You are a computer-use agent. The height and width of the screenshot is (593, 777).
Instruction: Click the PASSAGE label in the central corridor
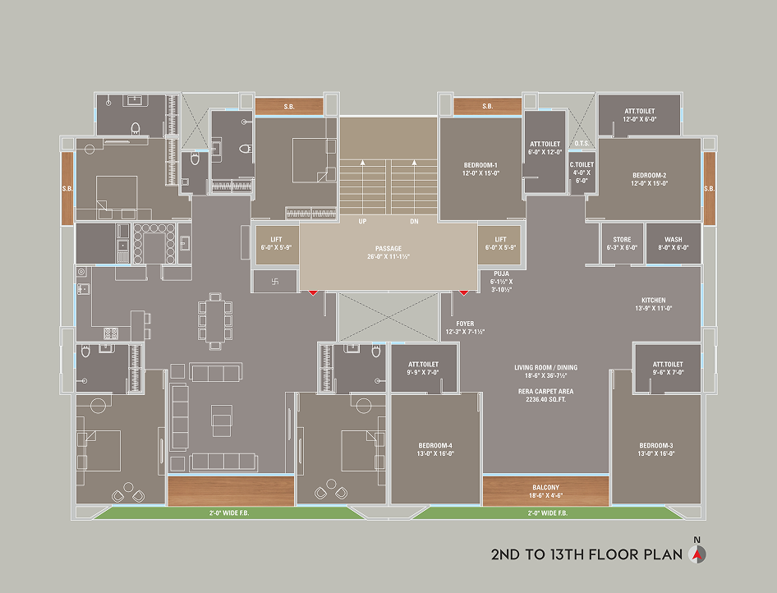388,249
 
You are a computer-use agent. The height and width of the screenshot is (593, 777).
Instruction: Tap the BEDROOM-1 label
480,165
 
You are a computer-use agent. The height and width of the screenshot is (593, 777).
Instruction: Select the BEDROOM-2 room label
649,176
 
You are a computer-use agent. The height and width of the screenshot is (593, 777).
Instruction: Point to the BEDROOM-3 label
656,445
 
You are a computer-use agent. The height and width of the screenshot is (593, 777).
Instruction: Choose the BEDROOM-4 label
435,445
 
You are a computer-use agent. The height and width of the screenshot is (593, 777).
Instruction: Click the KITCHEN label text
654,301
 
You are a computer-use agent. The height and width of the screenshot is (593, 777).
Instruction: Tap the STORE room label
622,240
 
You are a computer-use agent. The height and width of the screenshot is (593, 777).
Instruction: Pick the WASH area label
674,240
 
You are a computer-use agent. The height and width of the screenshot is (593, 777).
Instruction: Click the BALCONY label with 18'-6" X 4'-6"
545,488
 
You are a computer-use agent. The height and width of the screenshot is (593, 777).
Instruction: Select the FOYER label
465,324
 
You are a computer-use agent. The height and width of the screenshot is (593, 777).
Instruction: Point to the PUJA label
502,274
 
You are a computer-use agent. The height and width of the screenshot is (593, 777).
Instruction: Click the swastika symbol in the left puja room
276,282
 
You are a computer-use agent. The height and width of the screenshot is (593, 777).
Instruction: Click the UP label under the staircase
363,222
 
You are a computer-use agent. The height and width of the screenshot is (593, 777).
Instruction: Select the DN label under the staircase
414,222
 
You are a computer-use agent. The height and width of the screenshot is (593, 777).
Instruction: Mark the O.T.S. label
582,144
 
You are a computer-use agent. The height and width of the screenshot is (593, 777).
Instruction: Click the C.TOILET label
582,164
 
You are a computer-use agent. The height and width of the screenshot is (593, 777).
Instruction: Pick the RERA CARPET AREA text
545,392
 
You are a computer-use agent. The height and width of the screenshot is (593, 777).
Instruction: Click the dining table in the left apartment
215,321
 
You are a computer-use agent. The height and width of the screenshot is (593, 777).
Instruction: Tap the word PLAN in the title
664,555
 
